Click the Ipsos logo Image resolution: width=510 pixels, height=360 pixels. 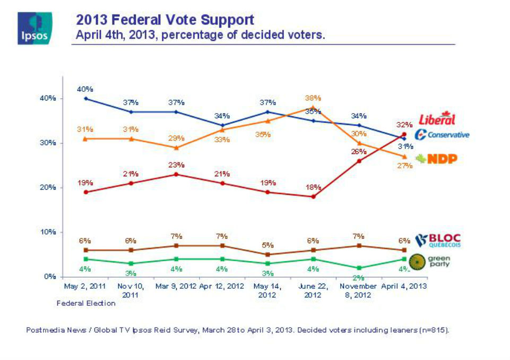click(x=34, y=28)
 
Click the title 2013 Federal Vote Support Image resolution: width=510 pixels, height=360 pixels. click(x=165, y=20)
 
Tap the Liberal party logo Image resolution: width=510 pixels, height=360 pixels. click(x=437, y=119)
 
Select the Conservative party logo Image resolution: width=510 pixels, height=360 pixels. click(x=442, y=134)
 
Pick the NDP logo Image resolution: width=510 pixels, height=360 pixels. click(x=437, y=158)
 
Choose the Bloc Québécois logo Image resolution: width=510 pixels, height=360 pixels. click(x=438, y=241)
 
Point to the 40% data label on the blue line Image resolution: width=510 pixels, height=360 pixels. click(x=86, y=89)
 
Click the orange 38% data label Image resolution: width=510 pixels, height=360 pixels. click(x=313, y=98)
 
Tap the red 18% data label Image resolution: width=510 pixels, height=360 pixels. click(x=313, y=187)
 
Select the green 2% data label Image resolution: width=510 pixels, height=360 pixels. click(x=359, y=277)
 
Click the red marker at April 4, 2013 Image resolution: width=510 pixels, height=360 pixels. click(x=404, y=134)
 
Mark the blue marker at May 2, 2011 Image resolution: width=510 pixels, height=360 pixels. click(x=86, y=98)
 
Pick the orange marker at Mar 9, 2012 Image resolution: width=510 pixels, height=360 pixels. click(x=177, y=148)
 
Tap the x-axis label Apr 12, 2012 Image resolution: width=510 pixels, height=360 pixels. click(x=222, y=286)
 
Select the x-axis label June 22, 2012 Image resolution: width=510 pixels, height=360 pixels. click(x=313, y=290)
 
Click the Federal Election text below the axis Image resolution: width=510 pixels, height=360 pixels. click(x=86, y=303)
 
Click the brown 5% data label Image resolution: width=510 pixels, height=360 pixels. click(x=267, y=245)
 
